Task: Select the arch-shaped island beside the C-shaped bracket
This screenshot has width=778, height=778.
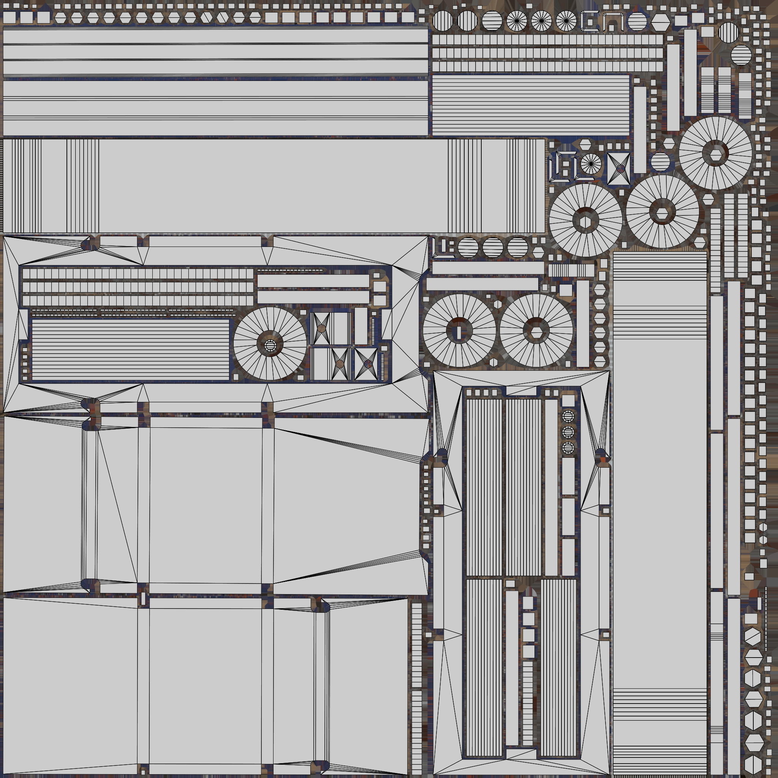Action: pos(612,21)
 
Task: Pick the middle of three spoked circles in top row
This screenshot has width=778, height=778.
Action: pos(541,21)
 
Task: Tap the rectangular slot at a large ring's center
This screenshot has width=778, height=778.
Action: pos(459,331)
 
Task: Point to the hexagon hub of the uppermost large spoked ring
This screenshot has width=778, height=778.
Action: pos(716,153)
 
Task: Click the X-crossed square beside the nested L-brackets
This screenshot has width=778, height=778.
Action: pos(618,169)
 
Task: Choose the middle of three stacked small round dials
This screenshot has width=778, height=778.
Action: pos(568,432)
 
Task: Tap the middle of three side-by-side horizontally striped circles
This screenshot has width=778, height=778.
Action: pos(492,247)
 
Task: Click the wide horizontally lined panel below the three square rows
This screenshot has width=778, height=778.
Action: pos(531,105)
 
